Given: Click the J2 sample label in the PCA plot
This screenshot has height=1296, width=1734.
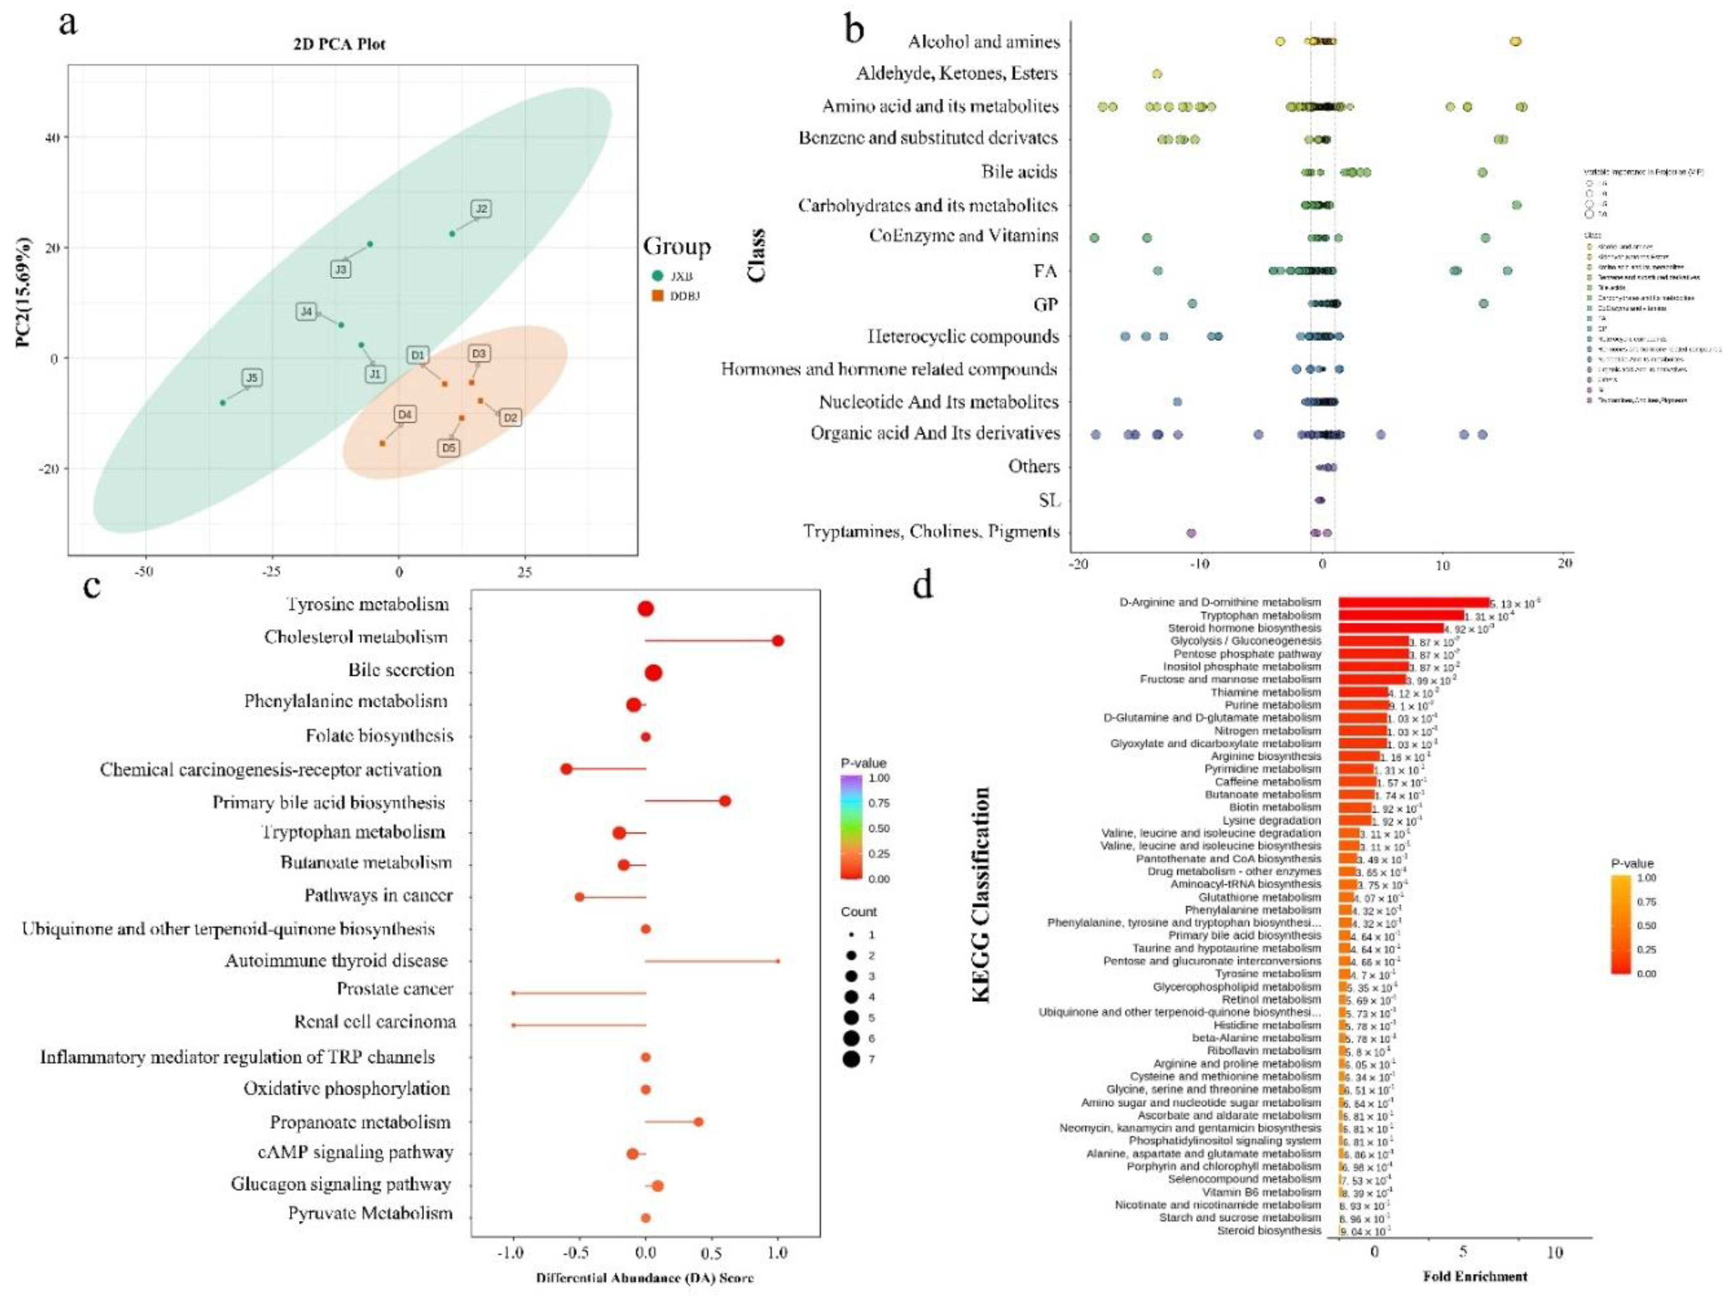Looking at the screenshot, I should click(482, 208).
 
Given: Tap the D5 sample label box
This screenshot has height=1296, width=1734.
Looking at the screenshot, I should click(448, 448).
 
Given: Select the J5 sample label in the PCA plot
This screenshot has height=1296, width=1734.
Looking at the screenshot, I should click(251, 377).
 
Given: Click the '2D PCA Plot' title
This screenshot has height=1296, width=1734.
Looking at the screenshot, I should click(339, 44).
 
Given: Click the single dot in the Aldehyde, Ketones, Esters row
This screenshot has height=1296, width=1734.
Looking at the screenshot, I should click(1156, 74).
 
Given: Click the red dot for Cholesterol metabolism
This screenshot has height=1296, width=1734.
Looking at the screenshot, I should click(778, 641).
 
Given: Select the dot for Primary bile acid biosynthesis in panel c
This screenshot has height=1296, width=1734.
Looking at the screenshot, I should click(725, 801).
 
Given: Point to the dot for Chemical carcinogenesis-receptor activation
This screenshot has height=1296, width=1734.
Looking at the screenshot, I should click(566, 769).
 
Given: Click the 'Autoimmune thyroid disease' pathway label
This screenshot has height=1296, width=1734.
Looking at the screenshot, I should click(336, 960).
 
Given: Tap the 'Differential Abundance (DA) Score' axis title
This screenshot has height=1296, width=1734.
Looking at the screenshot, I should click(644, 1278).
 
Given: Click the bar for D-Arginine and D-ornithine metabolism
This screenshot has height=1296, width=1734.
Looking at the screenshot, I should click(1413, 602).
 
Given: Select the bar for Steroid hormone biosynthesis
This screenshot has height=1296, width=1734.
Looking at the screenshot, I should click(1390, 628).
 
